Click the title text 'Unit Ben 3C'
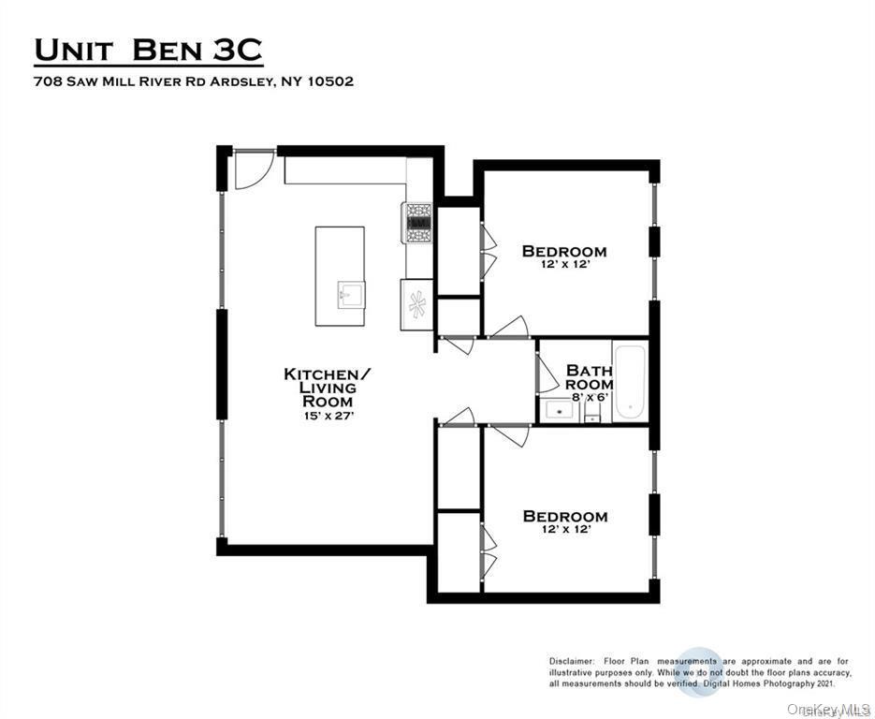coord(149,50)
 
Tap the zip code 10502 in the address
coord(330,81)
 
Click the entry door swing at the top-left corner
coord(251,169)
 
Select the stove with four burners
coord(417,223)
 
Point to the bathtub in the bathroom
coord(631,382)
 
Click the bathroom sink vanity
coord(560,410)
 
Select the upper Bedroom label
coord(563,251)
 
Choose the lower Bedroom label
coord(564,516)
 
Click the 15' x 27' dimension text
coord(327,415)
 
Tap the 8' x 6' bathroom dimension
coord(589,397)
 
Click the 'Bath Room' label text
coord(589,377)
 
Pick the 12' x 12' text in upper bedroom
coord(564,265)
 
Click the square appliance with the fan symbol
coord(417,304)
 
